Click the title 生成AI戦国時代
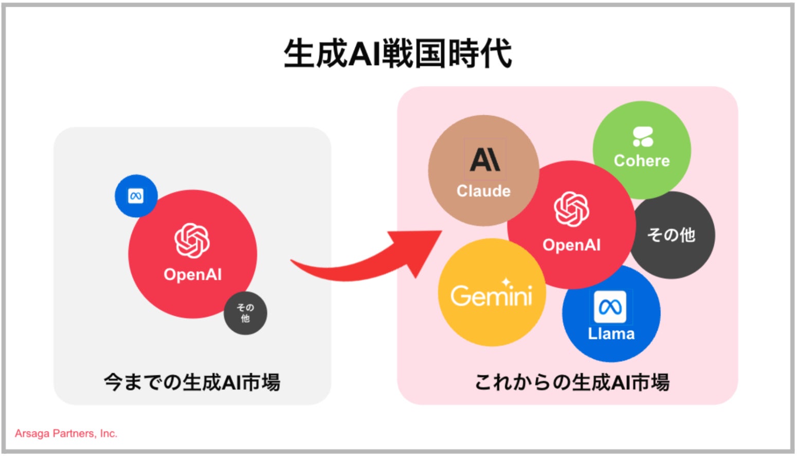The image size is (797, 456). click(397, 54)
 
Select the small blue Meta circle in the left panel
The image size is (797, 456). click(136, 196)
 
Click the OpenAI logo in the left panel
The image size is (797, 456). click(192, 240)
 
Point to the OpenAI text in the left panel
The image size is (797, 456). click(192, 274)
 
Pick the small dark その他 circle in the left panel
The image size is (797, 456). click(245, 313)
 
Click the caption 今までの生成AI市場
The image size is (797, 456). click(192, 382)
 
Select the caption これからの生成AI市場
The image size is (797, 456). click(572, 382)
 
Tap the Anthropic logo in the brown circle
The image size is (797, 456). click(484, 160)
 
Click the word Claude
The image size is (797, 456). click(483, 191)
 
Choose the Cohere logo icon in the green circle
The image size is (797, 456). click(643, 136)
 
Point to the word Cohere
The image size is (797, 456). click(642, 161)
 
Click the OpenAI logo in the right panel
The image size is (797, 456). click(571, 209)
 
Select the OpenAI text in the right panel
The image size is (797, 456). click(571, 245)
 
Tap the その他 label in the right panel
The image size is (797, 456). click(671, 235)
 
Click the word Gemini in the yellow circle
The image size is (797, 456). click(491, 296)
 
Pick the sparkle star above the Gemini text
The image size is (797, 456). click(507, 282)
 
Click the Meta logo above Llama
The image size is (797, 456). click(610, 307)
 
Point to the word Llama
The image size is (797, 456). click(611, 334)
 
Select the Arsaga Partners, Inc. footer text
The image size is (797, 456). click(66, 433)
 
